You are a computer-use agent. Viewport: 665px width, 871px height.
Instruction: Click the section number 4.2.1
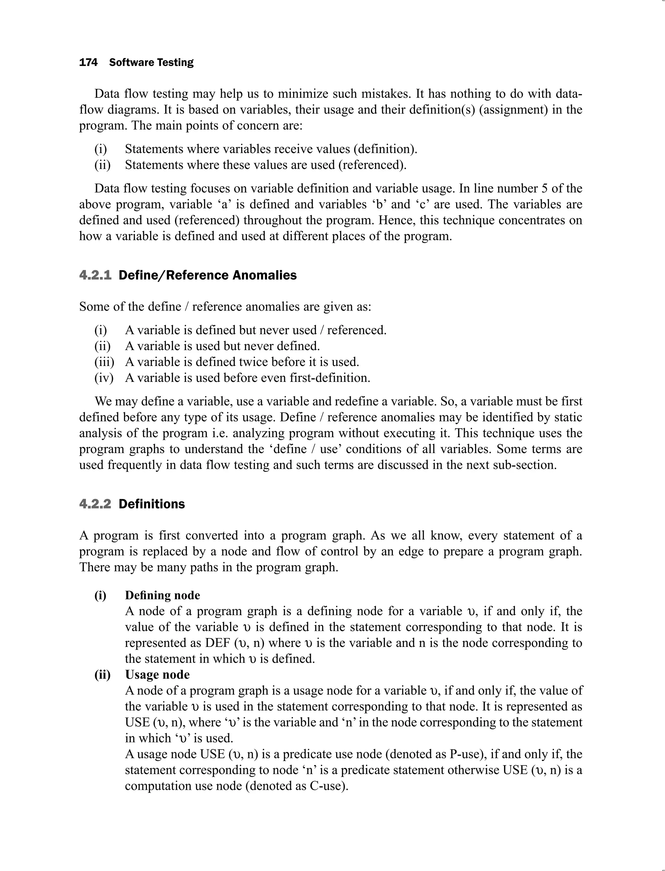click(x=95, y=275)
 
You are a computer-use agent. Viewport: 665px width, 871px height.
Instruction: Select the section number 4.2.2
click(x=95, y=504)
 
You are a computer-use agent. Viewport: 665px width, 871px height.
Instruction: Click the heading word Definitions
click(x=152, y=504)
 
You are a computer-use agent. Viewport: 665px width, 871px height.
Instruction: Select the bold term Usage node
click(x=157, y=674)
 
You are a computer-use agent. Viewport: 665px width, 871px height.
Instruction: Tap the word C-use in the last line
click(x=327, y=786)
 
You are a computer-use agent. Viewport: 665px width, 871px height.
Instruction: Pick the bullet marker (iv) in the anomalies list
click(x=104, y=378)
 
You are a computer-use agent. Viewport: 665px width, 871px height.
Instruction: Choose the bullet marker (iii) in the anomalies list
click(x=104, y=362)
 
